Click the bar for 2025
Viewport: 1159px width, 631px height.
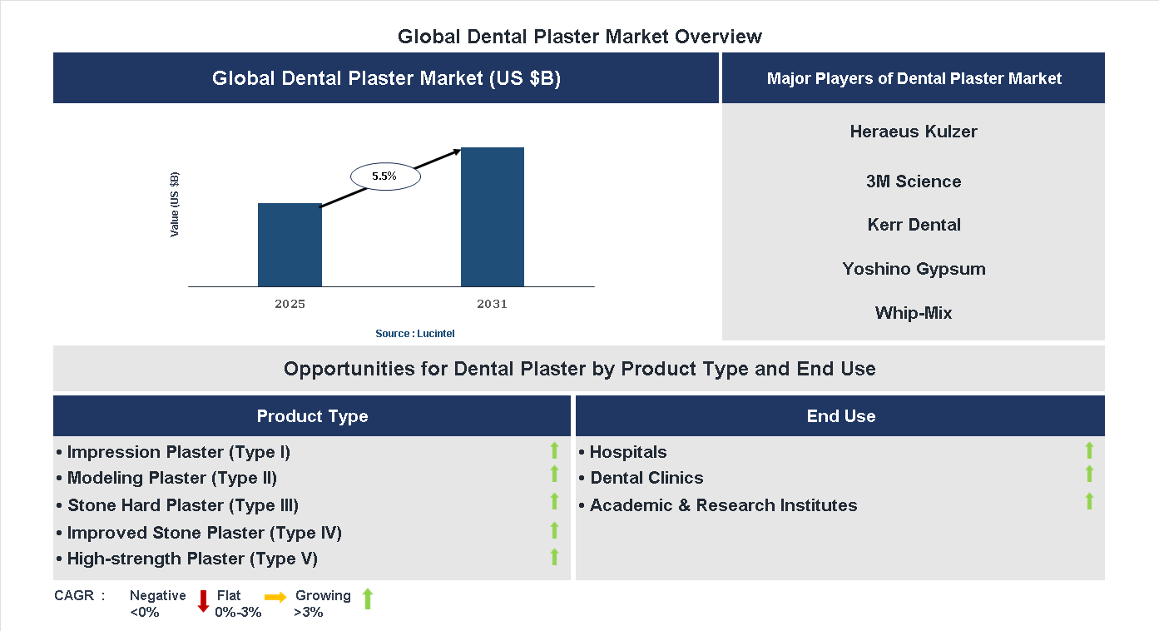point(290,245)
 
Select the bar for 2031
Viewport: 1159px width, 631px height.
point(493,217)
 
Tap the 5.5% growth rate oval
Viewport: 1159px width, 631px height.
point(384,176)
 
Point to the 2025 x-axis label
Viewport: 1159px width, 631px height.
point(290,305)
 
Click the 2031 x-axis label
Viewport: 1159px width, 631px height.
point(492,305)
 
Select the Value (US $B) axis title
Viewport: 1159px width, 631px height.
point(175,204)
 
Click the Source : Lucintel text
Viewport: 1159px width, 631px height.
point(414,334)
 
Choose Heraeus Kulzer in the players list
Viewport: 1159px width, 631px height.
point(914,132)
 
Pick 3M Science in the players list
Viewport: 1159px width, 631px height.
point(914,181)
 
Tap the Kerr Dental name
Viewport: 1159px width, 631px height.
point(914,225)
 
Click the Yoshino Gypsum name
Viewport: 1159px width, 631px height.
point(914,269)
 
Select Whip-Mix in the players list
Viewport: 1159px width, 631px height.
point(914,313)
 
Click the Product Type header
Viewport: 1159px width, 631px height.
point(312,416)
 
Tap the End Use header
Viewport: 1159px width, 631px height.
point(840,416)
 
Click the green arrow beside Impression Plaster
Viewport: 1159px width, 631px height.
point(554,451)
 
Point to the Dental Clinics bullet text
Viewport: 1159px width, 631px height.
point(646,478)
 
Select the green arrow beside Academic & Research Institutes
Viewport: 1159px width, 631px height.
point(1089,501)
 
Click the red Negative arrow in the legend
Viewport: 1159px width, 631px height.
point(203,600)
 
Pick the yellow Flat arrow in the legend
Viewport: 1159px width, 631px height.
point(275,597)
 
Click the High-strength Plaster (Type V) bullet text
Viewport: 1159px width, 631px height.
point(192,559)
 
